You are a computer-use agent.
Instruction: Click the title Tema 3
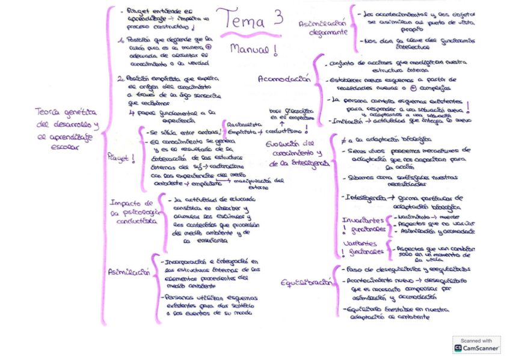click(x=248, y=20)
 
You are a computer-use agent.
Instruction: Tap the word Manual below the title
click(x=253, y=50)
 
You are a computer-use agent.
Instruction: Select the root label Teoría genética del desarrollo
click(x=66, y=128)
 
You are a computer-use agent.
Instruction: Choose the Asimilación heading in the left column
click(x=129, y=272)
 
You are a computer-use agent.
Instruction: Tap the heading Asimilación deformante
click(x=324, y=28)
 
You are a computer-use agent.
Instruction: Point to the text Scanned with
click(x=476, y=340)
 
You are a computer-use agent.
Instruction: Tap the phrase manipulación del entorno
click(x=257, y=183)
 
